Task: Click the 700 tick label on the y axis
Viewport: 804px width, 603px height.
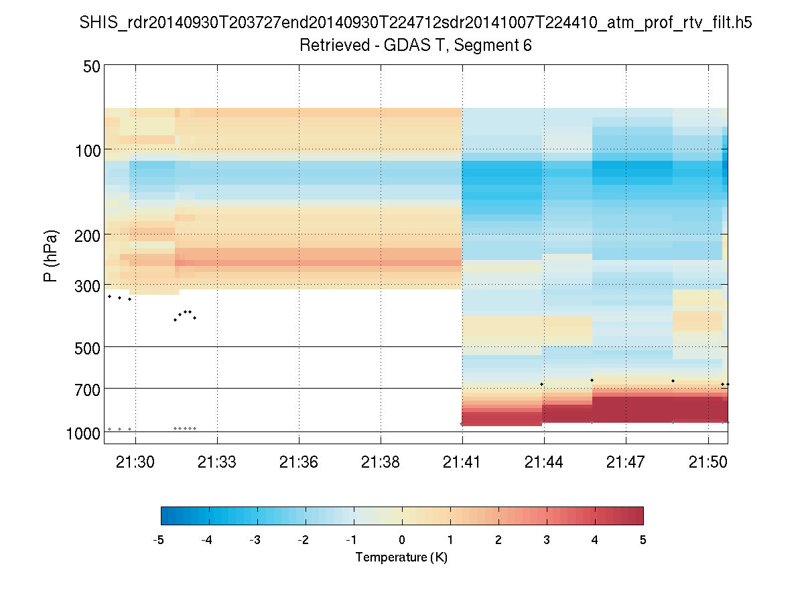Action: pos(86,389)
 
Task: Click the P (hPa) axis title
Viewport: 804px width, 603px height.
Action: pos(51,256)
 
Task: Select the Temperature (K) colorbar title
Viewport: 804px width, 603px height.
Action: pos(401,557)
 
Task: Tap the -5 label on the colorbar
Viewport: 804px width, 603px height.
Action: pos(159,540)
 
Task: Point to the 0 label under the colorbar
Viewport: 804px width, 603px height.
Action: pos(402,540)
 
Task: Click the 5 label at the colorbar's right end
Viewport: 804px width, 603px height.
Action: pos(643,540)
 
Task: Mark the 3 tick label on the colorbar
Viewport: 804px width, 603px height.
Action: pos(547,540)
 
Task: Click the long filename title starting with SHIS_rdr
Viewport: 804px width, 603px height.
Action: pos(415,23)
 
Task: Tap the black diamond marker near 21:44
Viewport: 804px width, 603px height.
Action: pos(541,384)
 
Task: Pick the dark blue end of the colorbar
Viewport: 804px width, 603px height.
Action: pos(165,515)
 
